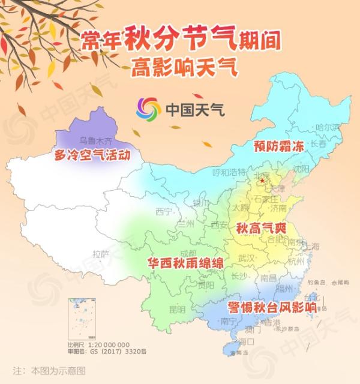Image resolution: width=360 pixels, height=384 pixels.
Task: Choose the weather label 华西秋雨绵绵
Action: (186, 263)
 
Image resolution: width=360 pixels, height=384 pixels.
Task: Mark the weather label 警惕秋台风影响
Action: (272, 307)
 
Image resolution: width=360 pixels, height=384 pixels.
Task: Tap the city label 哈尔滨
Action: (328, 127)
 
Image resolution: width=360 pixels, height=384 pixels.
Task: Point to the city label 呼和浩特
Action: (230, 172)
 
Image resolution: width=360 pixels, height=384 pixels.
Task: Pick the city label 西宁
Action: (163, 211)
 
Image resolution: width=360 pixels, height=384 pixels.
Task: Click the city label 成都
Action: (187, 254)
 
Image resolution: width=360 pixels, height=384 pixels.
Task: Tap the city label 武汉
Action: (247, 257)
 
